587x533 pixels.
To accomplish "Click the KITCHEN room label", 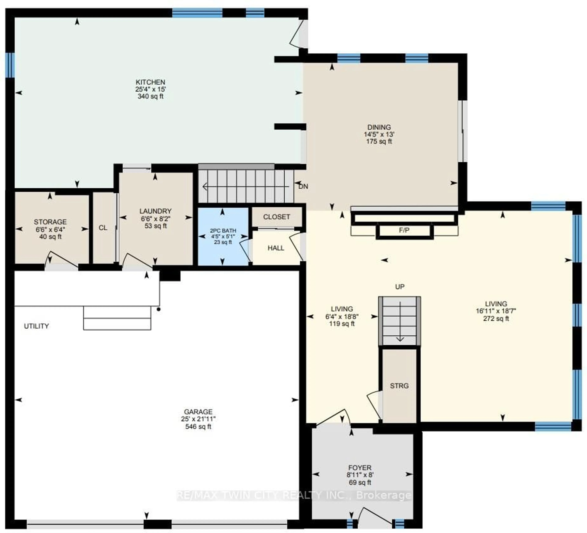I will pos(150,82).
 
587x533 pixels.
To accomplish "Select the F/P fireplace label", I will pos(404,230).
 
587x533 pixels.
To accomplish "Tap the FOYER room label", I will pos(360,468).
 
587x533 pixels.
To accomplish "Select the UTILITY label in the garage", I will pos(36,326).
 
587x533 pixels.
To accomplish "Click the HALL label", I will pos(276,248).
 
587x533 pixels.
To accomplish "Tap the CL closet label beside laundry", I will pos(103,228).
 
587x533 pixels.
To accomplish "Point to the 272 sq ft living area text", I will pos(496,318).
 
